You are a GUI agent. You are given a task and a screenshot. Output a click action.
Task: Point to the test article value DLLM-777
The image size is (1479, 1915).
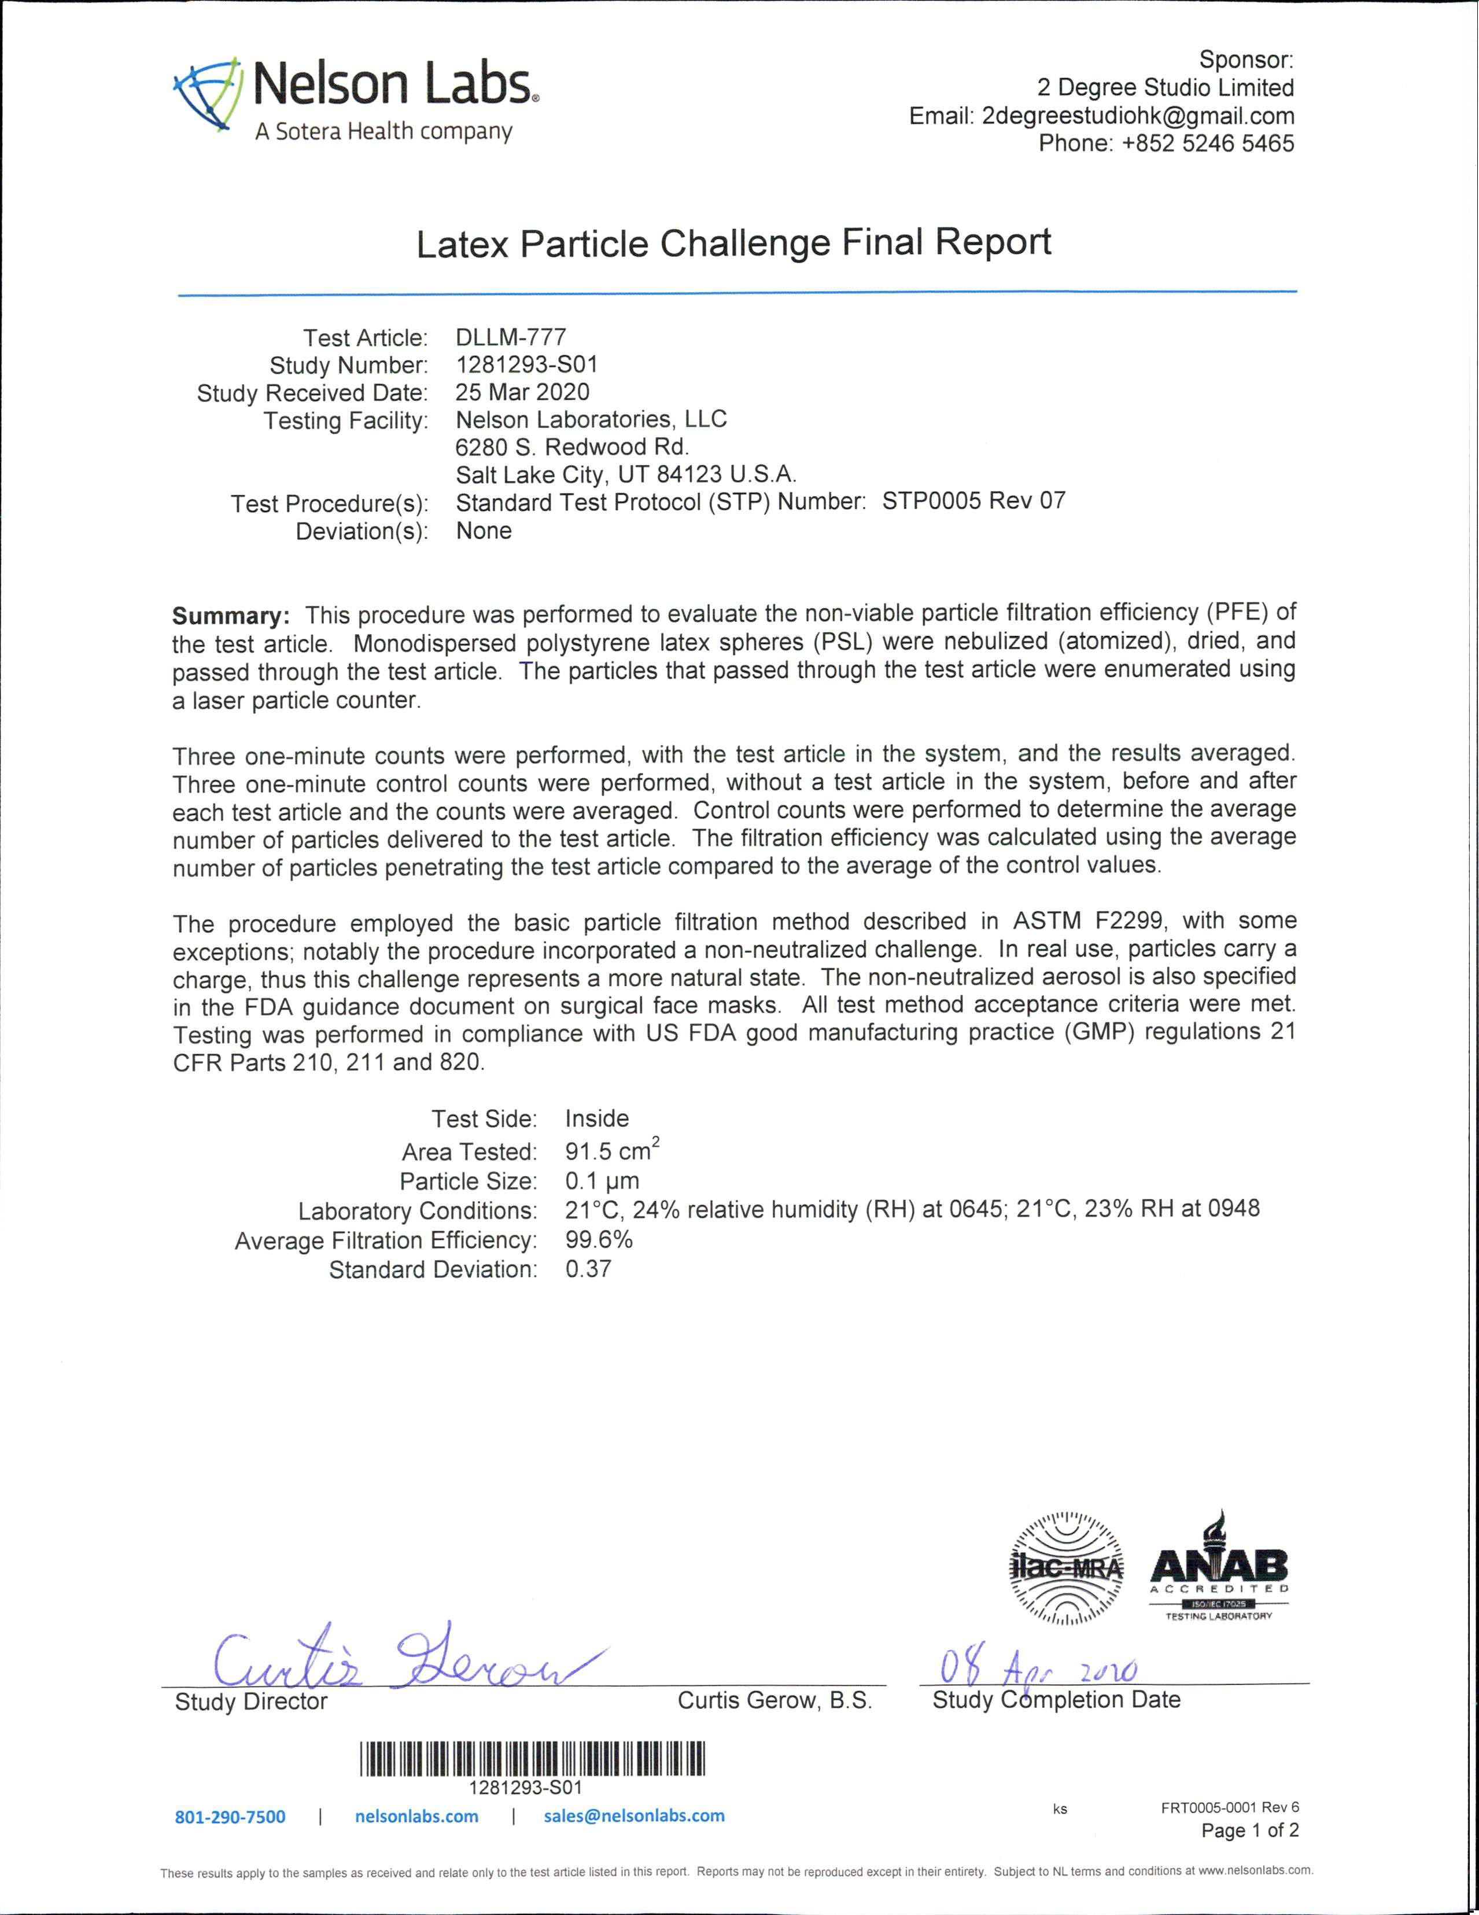click(511, 337)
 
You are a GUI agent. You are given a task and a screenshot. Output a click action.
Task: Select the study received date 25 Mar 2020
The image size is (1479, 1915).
click(522, 392)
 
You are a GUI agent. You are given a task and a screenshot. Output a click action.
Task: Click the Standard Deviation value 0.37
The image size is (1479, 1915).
click(588, 1269)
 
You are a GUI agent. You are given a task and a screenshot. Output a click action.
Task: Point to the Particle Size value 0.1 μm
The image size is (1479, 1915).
click(602, 1180)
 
